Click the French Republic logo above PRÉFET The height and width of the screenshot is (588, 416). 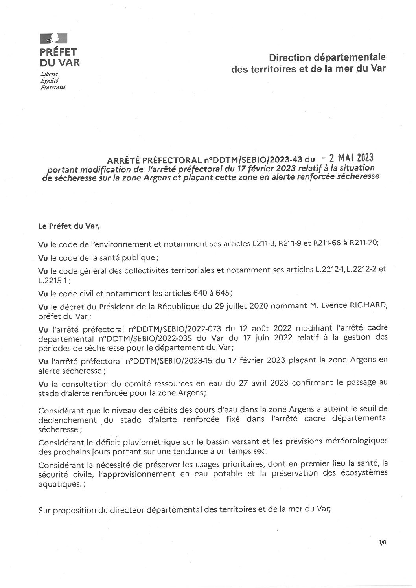(53, 39)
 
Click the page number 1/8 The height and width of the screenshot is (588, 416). (382, 542)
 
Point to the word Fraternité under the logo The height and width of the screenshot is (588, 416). (53, 88)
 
